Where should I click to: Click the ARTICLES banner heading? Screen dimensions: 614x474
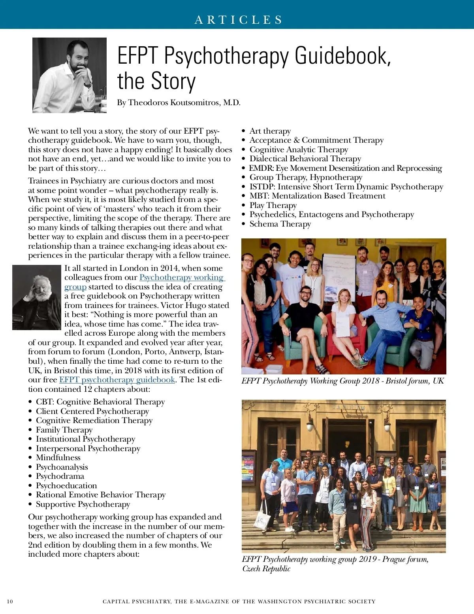[239, 20]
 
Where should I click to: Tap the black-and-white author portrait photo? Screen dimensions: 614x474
[70, 75]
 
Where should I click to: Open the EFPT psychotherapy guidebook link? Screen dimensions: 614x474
[117, 380]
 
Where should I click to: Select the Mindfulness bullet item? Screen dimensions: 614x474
[58, 458]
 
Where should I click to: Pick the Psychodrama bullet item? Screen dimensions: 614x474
[60, 476]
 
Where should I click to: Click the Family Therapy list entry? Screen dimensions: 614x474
[64, 430]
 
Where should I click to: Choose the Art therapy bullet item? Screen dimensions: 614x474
[270, 131]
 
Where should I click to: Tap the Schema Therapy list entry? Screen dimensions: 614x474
[280, 224]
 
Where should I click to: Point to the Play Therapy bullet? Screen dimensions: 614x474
[273, 206]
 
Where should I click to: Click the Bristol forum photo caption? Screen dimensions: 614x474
[342, 381]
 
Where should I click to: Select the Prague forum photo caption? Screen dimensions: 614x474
[335, 564]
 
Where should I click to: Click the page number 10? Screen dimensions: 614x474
[10, 602]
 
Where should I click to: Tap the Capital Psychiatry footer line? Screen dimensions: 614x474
[239, 602]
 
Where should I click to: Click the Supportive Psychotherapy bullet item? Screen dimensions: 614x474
[83, 504]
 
